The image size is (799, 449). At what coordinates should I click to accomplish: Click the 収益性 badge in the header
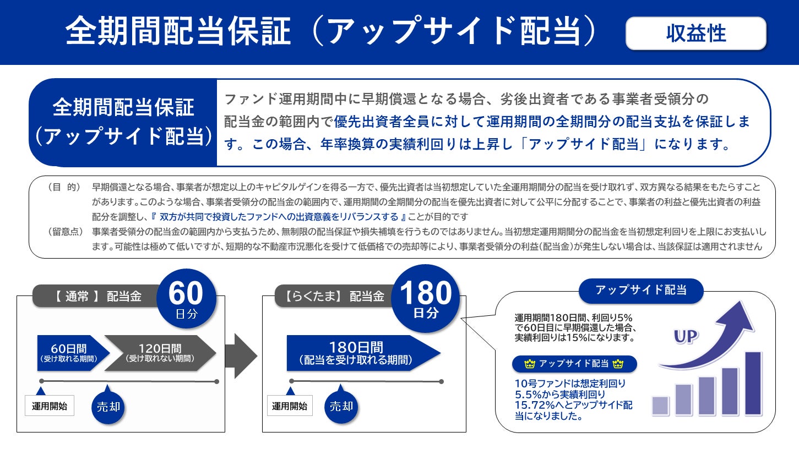(695, 34)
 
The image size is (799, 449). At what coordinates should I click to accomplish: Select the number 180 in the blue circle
(425, 294)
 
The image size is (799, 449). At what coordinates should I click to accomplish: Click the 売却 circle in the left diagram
(108, 407)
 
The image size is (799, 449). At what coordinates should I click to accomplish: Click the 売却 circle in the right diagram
(341, 407)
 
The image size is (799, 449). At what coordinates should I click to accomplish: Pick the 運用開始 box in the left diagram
(50, 406)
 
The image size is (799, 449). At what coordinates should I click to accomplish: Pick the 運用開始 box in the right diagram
(290, 406)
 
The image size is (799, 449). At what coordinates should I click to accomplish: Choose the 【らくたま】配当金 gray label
(335, 296)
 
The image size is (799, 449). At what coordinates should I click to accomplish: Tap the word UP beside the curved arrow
(686, 337)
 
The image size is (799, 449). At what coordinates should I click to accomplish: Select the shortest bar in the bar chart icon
(660, 405)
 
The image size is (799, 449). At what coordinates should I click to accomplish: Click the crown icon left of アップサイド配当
(530, 364)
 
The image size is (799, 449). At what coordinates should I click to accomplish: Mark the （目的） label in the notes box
(64, 187)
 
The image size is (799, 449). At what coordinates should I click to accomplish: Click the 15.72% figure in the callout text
(532, 406)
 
